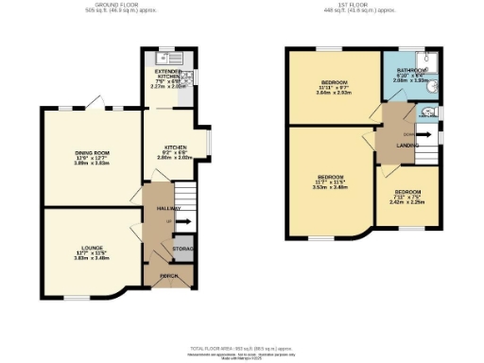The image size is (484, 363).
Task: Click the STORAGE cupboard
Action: (x=182, y=249)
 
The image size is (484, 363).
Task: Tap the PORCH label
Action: (x=169, y=275)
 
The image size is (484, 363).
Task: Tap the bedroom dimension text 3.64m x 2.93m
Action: (x=333, y=93)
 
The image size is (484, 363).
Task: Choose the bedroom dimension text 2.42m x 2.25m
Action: (x=407, y=202)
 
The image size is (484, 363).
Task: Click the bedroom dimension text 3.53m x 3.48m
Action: (x=331, y=186)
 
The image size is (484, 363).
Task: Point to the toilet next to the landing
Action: (x=429, y=112)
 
